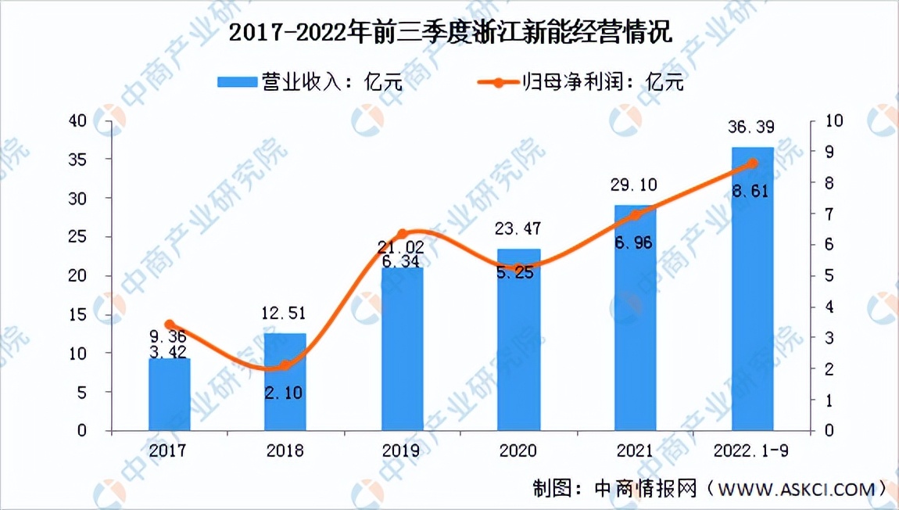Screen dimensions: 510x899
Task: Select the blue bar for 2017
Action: click(169, 395)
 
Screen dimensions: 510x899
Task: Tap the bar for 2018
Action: click(285, 383)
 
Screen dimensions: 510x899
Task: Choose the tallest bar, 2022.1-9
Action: click(752, 289)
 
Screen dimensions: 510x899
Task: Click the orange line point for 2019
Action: click(402, 234)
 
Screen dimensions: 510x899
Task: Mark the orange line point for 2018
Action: click(285, 365)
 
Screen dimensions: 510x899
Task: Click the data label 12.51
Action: click(285, 314)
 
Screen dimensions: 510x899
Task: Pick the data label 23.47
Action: click(518, 230)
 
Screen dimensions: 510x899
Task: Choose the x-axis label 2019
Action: click(402, 451)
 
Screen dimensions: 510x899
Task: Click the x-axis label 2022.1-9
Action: click(752, 451)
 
